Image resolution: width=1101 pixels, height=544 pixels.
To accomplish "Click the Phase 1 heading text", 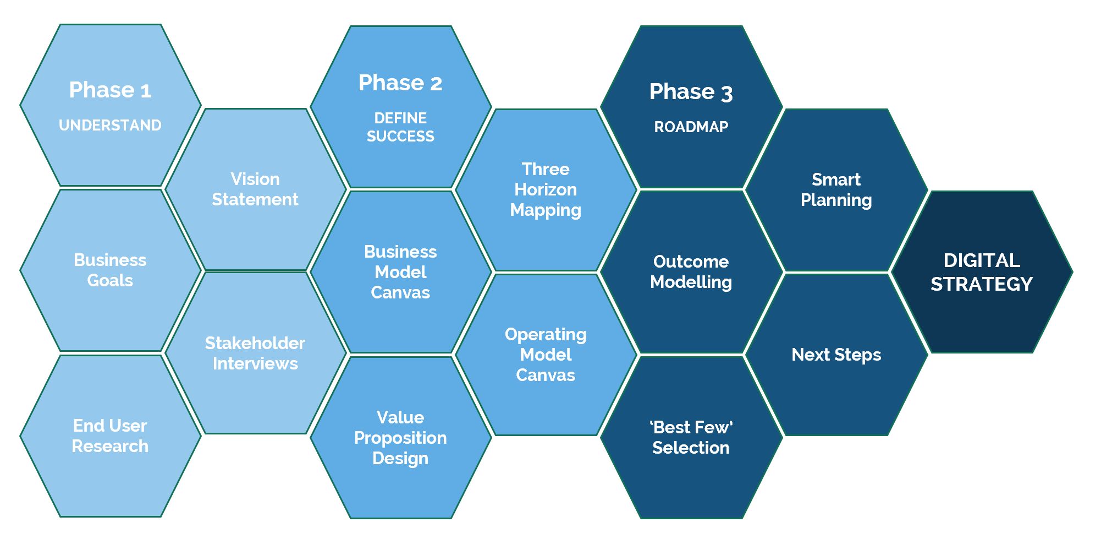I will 110,90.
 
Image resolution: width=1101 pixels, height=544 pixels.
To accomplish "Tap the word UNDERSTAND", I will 110,126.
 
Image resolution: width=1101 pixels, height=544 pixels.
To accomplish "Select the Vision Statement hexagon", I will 255,189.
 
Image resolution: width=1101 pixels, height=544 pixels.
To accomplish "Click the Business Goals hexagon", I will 110,270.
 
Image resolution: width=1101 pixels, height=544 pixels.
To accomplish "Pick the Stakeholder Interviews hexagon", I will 255,353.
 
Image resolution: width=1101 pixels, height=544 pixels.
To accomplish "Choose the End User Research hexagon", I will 110,436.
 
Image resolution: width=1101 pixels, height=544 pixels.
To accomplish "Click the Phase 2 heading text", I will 400,83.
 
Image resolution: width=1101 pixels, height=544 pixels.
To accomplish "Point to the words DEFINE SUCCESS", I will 400,127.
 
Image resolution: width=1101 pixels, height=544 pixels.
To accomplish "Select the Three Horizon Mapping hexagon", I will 546,189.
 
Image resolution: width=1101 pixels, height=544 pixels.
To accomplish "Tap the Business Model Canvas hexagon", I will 400,272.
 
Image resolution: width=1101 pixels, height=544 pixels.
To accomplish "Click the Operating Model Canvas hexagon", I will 546,355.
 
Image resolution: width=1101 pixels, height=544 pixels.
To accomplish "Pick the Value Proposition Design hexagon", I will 400,437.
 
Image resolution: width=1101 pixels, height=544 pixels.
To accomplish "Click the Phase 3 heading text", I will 691,92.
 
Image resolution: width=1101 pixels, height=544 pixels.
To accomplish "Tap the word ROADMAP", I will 691,127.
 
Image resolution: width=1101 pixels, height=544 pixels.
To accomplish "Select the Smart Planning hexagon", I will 836,190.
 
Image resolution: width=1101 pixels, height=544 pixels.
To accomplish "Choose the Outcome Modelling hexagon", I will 691,272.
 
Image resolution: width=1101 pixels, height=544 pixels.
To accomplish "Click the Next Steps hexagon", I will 836,355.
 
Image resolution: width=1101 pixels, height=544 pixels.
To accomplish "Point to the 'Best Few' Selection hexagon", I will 691,437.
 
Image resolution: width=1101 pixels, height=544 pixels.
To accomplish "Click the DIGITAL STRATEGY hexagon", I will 981,272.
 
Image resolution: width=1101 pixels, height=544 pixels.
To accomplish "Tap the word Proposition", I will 400,438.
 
